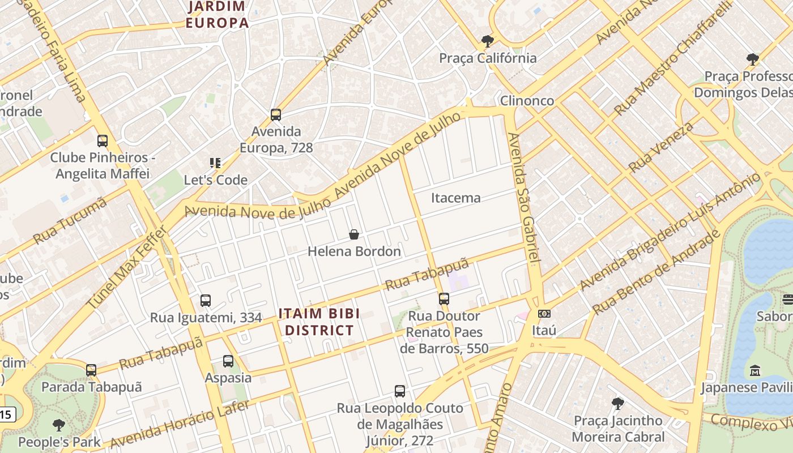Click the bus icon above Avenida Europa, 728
point(276,115)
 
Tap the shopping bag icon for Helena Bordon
point(354,234)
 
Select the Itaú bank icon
point(544,313)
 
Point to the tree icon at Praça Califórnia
point(487,41)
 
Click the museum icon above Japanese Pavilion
point(754,371)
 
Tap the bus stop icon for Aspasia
point(228,361)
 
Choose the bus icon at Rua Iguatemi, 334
point(206,301)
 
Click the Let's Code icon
point(215,163)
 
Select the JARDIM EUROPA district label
point(218,15)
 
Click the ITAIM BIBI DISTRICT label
point(319,322)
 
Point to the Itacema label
point(455,198)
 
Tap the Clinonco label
point(527,100)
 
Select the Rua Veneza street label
point(661,147)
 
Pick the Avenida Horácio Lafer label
point(180,424)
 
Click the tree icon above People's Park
point(58,425)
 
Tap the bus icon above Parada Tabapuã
point(91,370)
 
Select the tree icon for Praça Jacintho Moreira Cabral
point(618,404)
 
